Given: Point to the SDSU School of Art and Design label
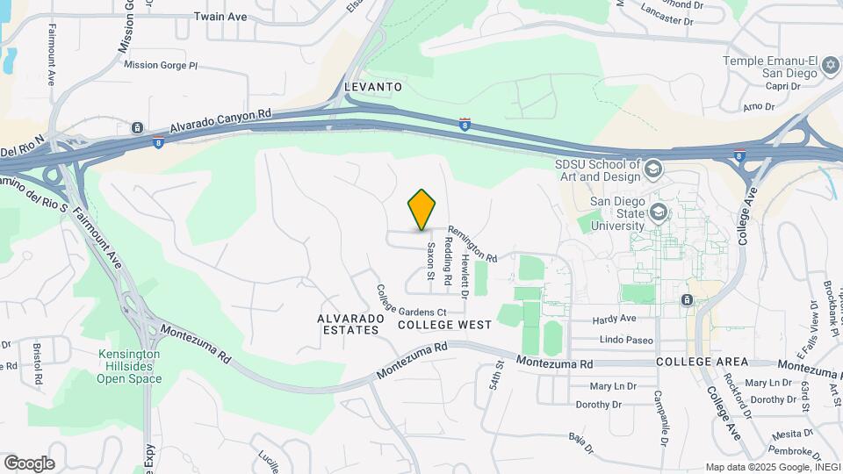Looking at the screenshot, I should coord(597,170).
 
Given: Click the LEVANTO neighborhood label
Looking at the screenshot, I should coord(373,87).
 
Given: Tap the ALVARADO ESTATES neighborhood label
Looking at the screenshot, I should coord(350,324).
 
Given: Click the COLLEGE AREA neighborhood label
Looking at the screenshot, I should coord(702,362).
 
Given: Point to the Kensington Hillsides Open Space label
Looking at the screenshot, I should coord(129,367).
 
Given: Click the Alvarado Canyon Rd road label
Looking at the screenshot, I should coord(222,121).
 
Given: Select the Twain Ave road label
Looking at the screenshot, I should coord(220,17).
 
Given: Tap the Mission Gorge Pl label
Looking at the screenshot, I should coord(162,65).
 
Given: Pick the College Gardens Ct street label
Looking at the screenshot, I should coord(411,301).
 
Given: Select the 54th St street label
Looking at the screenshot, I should coord(497,380).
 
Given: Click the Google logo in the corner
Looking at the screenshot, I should coord(29,463).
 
